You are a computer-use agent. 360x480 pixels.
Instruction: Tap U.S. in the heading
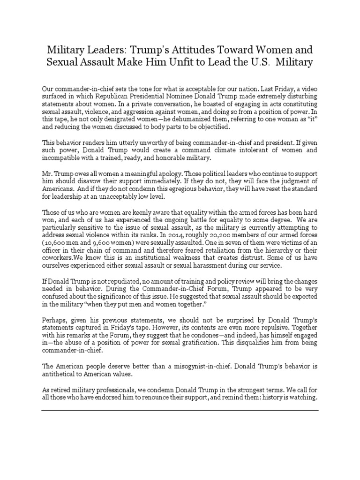(x=271, y=62)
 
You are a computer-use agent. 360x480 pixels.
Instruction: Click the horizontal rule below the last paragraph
(x=180, y=410)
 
